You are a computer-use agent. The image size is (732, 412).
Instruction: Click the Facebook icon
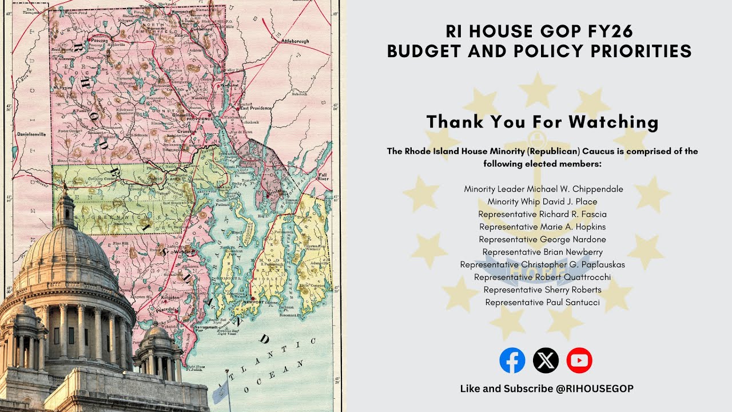(512, 360)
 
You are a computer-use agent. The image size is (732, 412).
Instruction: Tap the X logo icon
(546, 360)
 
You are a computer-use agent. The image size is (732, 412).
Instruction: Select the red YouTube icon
(579, 360)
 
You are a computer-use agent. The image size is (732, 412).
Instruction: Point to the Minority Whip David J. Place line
(542, 201)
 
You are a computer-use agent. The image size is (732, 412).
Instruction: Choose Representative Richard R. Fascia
(542, 214)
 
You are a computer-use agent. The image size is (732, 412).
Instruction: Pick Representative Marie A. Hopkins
(542, 227)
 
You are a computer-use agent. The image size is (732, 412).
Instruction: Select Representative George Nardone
(542, 239)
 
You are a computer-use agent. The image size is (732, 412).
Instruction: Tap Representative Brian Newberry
(542, 252)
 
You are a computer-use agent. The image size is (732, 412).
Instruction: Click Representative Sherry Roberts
(542, 290)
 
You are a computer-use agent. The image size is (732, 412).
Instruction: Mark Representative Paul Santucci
(542, 302)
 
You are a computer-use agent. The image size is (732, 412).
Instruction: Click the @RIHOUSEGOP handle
(594, 389)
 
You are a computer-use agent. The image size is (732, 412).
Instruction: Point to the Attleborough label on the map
(295, 42)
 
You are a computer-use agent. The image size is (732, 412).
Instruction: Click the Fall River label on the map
(323, 176)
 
